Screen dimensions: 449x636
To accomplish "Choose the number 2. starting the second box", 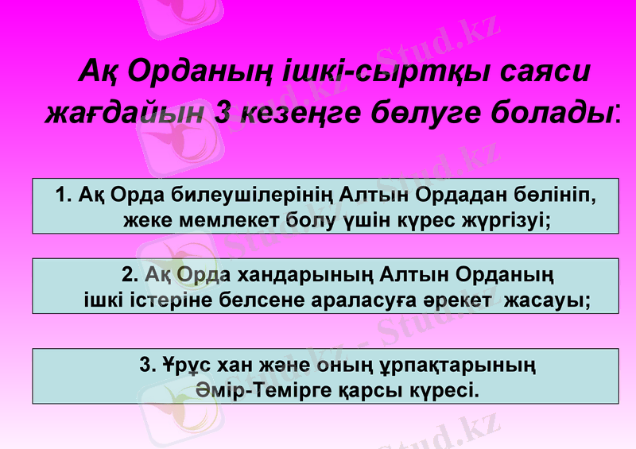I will click(132, 276).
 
